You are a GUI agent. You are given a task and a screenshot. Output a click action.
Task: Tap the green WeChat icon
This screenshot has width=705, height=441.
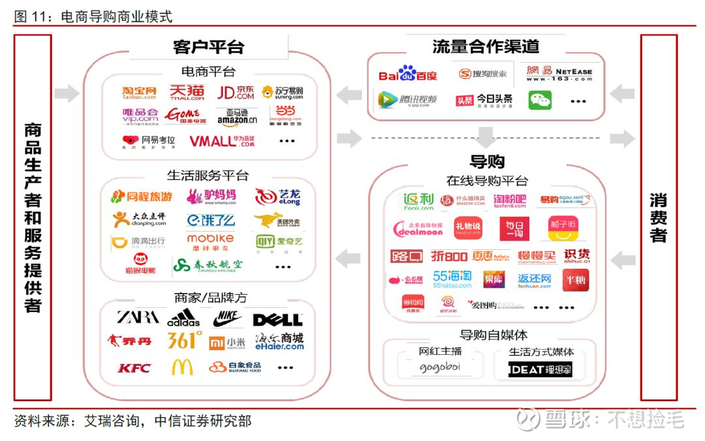click(x=540, y=100)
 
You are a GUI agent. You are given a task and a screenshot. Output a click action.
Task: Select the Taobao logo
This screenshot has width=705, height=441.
click(x=140, y=93)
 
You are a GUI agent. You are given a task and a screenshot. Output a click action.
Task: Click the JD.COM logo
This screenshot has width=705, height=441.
click(x=236, y=92)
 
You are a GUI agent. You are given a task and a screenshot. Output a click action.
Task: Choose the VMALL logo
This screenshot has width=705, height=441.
click(x=222, y=141)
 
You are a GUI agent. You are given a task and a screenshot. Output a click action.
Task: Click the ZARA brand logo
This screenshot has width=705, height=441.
click(x=138, y=318)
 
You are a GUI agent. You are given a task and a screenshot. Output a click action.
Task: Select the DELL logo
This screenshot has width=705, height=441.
click(x=277, y=320)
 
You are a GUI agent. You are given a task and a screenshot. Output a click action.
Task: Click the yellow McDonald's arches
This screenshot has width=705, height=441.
click(x=182, y=367)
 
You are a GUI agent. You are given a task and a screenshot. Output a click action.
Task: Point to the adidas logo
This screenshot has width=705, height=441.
click(x=183, y=318)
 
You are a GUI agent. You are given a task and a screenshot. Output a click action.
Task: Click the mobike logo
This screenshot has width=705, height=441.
click(x=210, y=241)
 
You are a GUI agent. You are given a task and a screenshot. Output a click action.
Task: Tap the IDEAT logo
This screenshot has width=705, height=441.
click(x=540, y=369)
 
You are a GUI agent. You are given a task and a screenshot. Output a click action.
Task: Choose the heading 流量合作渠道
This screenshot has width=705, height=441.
click(x=486, y=47)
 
